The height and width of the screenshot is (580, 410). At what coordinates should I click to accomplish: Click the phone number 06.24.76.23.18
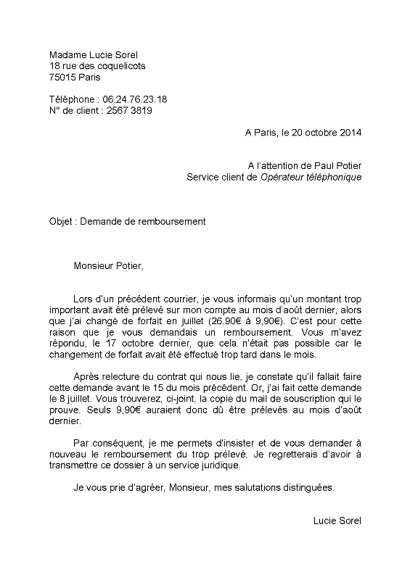click(x=133, y=99)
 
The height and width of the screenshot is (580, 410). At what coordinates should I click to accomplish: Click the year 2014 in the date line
click(x=349, y=133)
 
